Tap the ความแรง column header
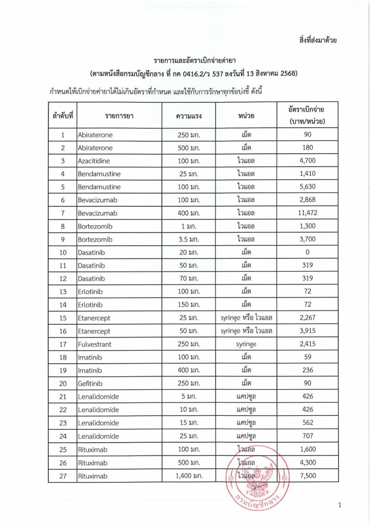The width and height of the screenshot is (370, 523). tap(189, 115)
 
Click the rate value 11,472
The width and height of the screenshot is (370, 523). tap(307, 213)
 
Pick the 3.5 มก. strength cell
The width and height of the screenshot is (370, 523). tap(189, 239)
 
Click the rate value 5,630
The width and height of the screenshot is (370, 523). tap(307, 187)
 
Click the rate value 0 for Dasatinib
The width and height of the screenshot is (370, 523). tap(307, 252)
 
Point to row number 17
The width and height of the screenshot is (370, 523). tap(62, 344)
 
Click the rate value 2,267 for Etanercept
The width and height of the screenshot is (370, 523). tap(307, 318)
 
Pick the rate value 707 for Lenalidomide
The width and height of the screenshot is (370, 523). tap(307, 436)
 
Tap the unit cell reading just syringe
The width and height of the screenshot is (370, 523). tap(246, 344)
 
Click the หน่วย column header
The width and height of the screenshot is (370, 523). tap(246, 115)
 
